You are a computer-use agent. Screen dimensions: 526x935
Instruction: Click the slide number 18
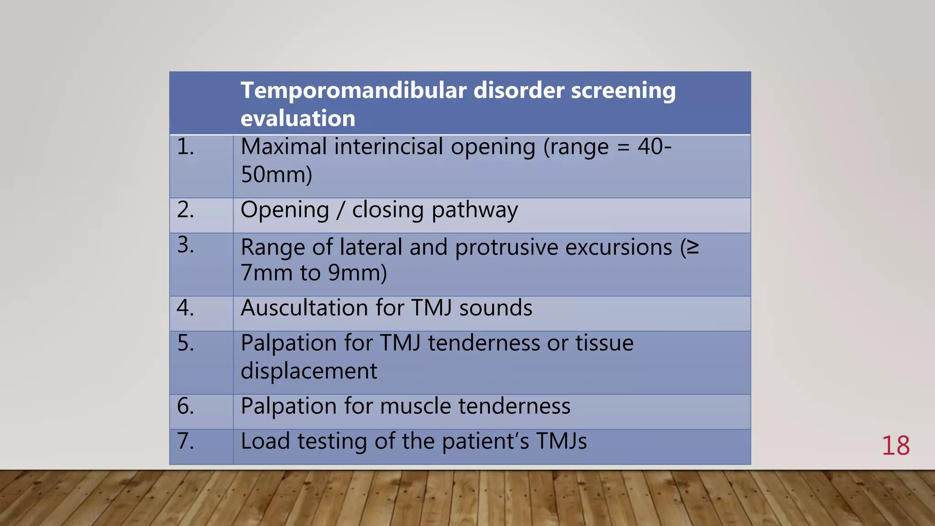pyautogui.click(x=895, y=446)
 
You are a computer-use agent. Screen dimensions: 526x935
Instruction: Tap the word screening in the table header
pyautogui.click(x=623, y=90)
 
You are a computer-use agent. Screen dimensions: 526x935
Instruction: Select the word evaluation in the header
pyautogui.click(x=298, y=119)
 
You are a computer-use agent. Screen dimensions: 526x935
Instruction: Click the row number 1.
pyautogui.click(x=185, y=147)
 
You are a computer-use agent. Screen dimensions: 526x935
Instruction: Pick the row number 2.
pyautogui.click(x=185, y=210)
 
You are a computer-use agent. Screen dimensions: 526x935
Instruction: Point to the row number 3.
pyautogui.click(x=185, y=245)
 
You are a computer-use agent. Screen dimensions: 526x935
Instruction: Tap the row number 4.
pyautogui.click(x=185, y=308)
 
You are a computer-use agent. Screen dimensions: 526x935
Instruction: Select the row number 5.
pyautogui.click(x=185, y=343)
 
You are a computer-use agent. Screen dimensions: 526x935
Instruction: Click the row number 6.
pyautogui.click(x=185, y=406)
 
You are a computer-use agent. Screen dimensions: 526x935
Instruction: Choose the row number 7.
pyautogui.click(x=185, y=441)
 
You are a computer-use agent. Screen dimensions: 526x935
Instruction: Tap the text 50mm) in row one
pyautogui.click(x=276, y=175)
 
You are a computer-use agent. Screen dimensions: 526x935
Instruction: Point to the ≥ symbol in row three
pyautogui.click(x=693, y=247)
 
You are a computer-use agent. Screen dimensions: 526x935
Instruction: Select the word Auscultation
pyautogui.click(x=304, y=308)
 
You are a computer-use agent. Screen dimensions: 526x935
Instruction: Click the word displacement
pyautogui.click(x=309, y=371)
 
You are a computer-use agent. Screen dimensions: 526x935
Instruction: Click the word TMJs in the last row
pyautogui.click(x=562, y=441)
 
